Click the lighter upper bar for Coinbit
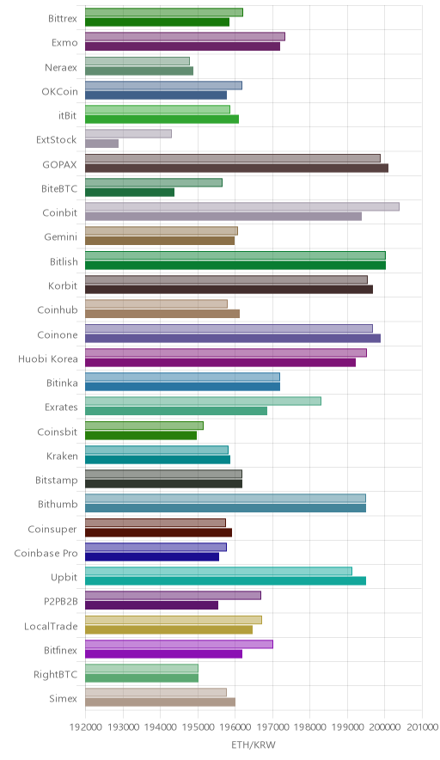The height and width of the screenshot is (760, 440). tap(242, 206)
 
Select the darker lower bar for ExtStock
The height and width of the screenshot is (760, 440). tap(101, 144)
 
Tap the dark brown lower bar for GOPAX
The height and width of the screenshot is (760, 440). tap(237, 169)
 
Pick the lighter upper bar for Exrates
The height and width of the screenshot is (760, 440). tap(203, 401)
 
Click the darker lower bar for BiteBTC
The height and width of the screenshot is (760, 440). tap(130, 193)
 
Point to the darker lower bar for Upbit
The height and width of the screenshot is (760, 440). tap(226, 581)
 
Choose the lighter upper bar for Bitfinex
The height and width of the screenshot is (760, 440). tap(180, 644)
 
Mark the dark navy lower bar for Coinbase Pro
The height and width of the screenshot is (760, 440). tap(152, 557)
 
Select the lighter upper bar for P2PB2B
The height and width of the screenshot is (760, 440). tap(173, 595)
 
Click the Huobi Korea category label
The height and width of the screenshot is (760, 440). tap(48, 359)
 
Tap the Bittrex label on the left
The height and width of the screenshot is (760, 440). tap(63, 19)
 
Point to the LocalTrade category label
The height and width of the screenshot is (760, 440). tap(51, 626)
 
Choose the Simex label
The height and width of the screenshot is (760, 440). tap(63, 699)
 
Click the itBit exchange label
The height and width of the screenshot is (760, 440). tap(67, 116)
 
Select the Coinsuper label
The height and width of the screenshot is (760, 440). tap(52, 530)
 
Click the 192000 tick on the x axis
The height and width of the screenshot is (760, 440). tap(85, 727)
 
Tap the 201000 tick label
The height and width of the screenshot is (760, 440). tap(422, 727)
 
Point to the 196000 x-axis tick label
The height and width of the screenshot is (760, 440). tap(235, 727)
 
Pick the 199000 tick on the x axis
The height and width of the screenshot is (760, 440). tap(347, 727)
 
